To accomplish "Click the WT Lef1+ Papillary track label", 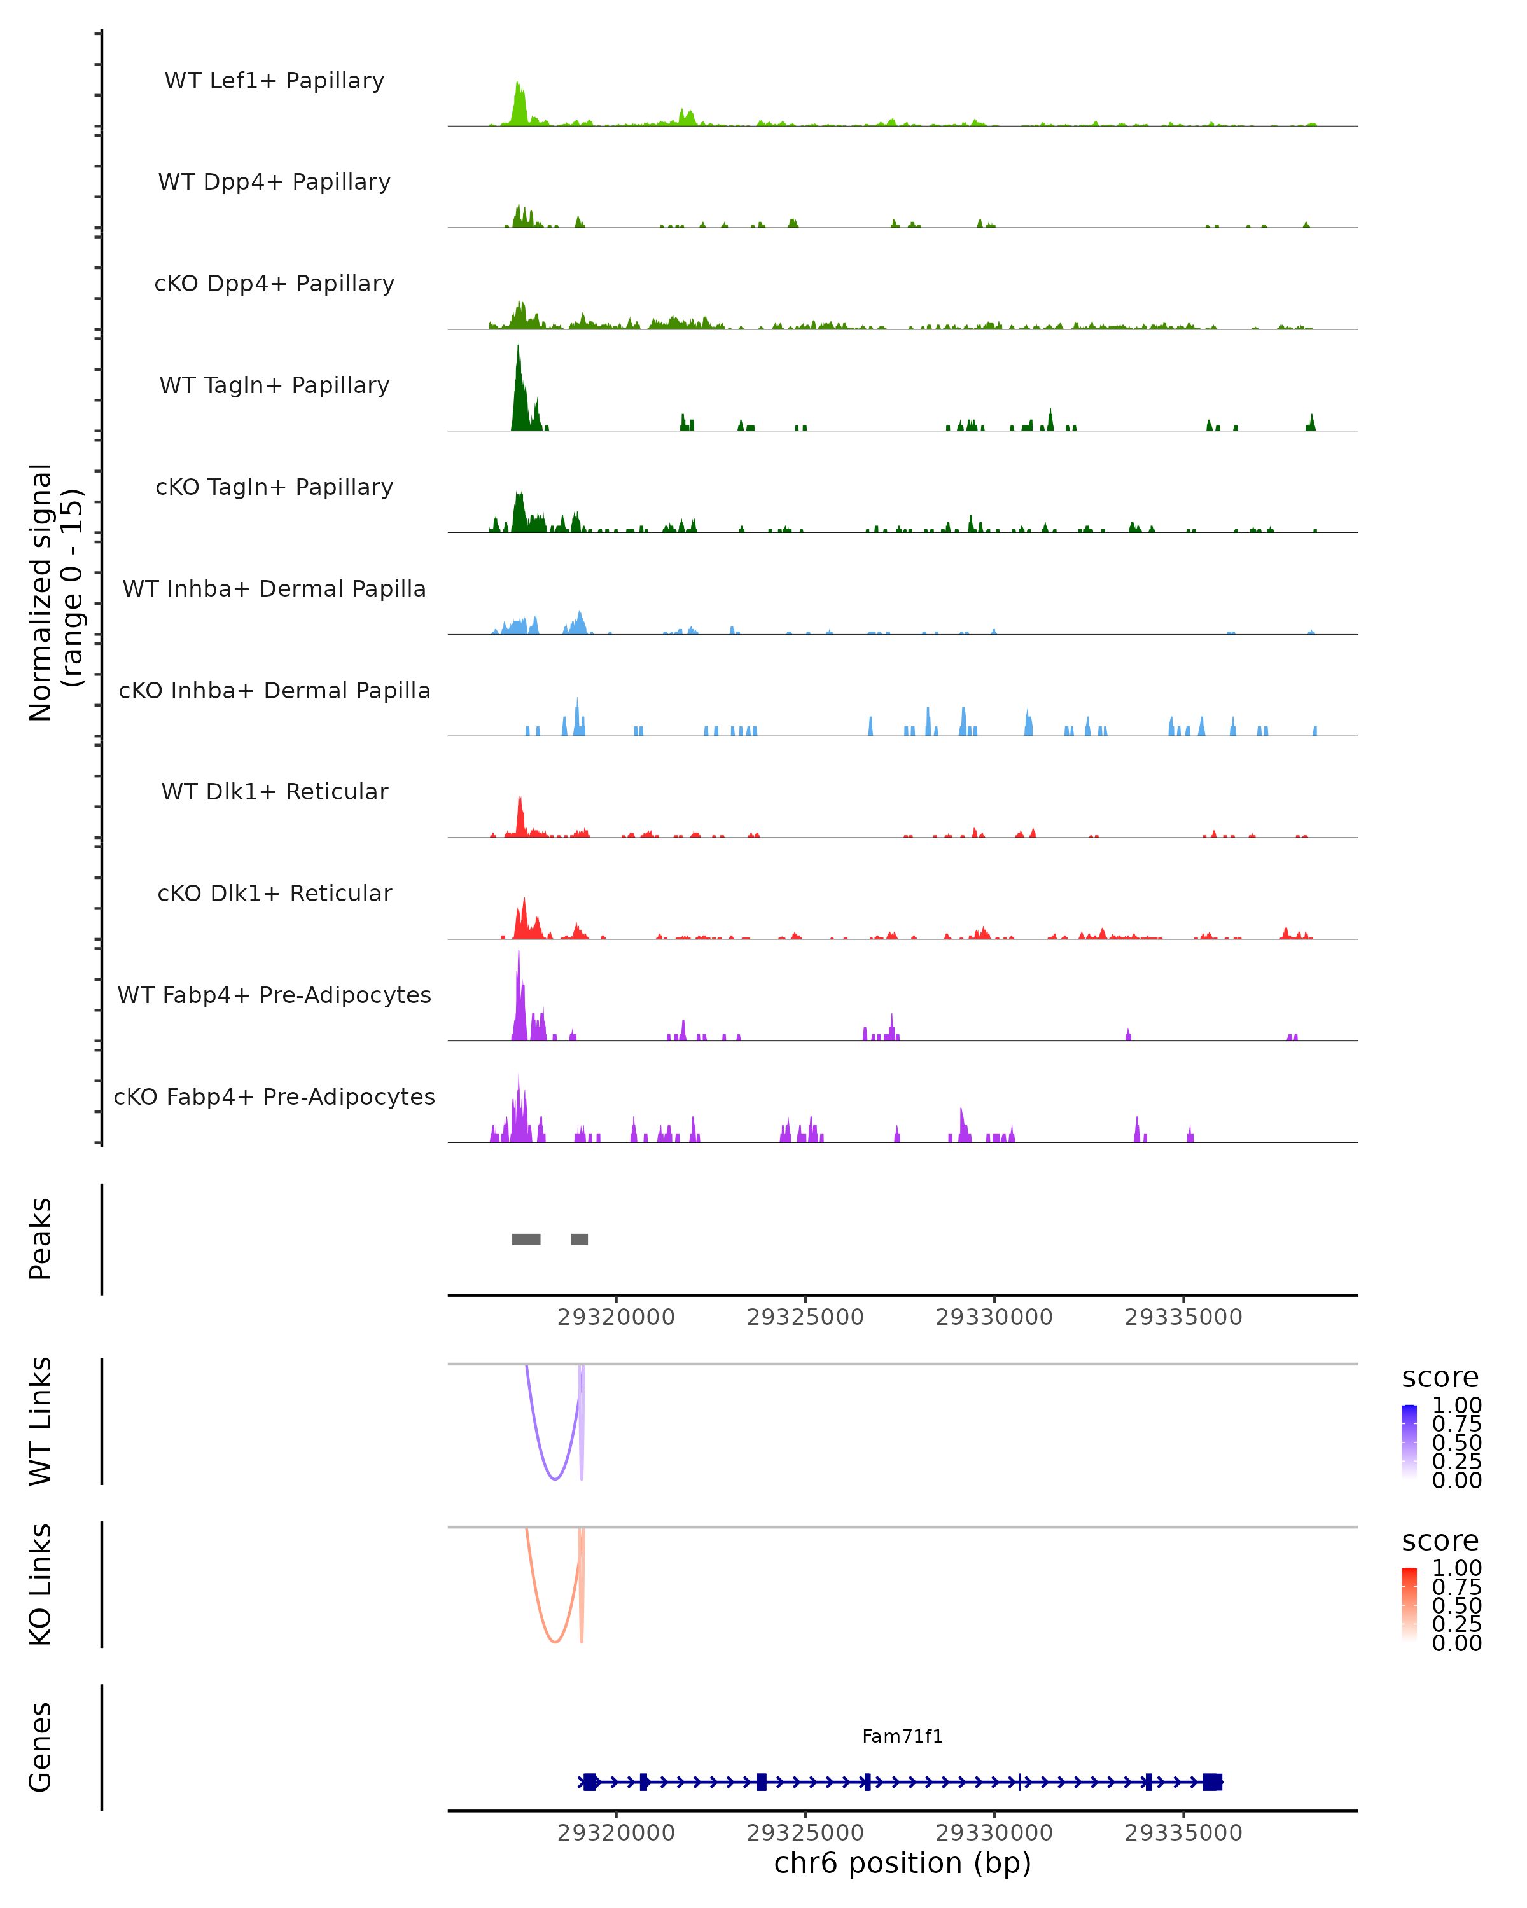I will pos(274,81).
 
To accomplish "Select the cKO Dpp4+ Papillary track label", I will pos(274,283).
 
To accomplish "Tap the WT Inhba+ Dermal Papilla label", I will pos(274,588).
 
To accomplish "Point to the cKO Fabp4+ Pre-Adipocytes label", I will pos(274,1096).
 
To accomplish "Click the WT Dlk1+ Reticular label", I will pos(274,791).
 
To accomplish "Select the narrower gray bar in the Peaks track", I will pos(579,1239).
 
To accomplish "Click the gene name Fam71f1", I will pos(902,1736).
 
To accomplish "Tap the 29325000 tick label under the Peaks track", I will pos(805,1317).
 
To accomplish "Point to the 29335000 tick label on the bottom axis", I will pos(1183,1833).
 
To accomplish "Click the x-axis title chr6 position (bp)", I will pos(902,1863).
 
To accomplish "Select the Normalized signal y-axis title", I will pos(55,592).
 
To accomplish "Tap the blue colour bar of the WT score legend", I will pos(1409,1441).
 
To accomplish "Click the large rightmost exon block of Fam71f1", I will pos(1212,1782).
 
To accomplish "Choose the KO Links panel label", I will pos(41,1584).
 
